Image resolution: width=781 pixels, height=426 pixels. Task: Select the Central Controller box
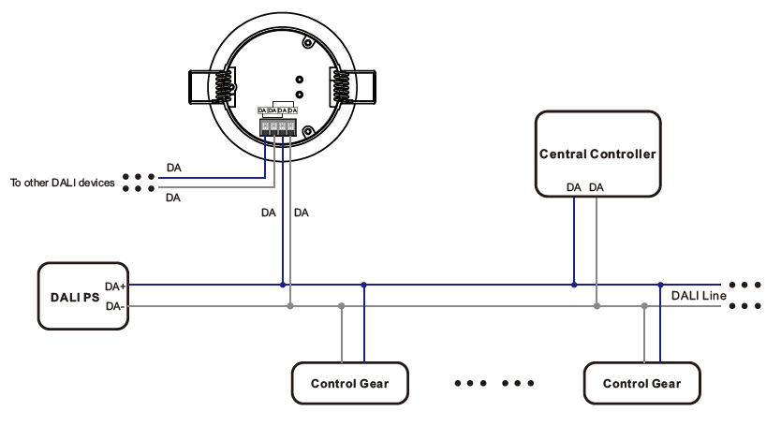coord(597,154)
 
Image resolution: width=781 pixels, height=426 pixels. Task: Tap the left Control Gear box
coord(349,383)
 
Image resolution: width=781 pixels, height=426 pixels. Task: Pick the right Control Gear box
coord(641,383)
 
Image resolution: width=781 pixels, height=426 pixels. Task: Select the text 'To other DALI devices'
coord(62,184)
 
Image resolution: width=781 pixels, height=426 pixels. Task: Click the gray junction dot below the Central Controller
coord(597,305)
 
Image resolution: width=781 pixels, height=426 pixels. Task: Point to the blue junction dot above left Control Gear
coord(363,285)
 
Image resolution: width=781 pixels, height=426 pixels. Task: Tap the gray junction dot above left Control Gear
coord(342,305)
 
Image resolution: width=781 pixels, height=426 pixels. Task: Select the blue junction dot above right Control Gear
coord(660,285)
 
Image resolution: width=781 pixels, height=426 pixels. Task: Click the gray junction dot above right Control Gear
coord(644,305)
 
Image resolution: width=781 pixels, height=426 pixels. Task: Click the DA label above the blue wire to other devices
coord(174,168)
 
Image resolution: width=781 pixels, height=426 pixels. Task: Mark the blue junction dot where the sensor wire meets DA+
coord(282,285)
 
